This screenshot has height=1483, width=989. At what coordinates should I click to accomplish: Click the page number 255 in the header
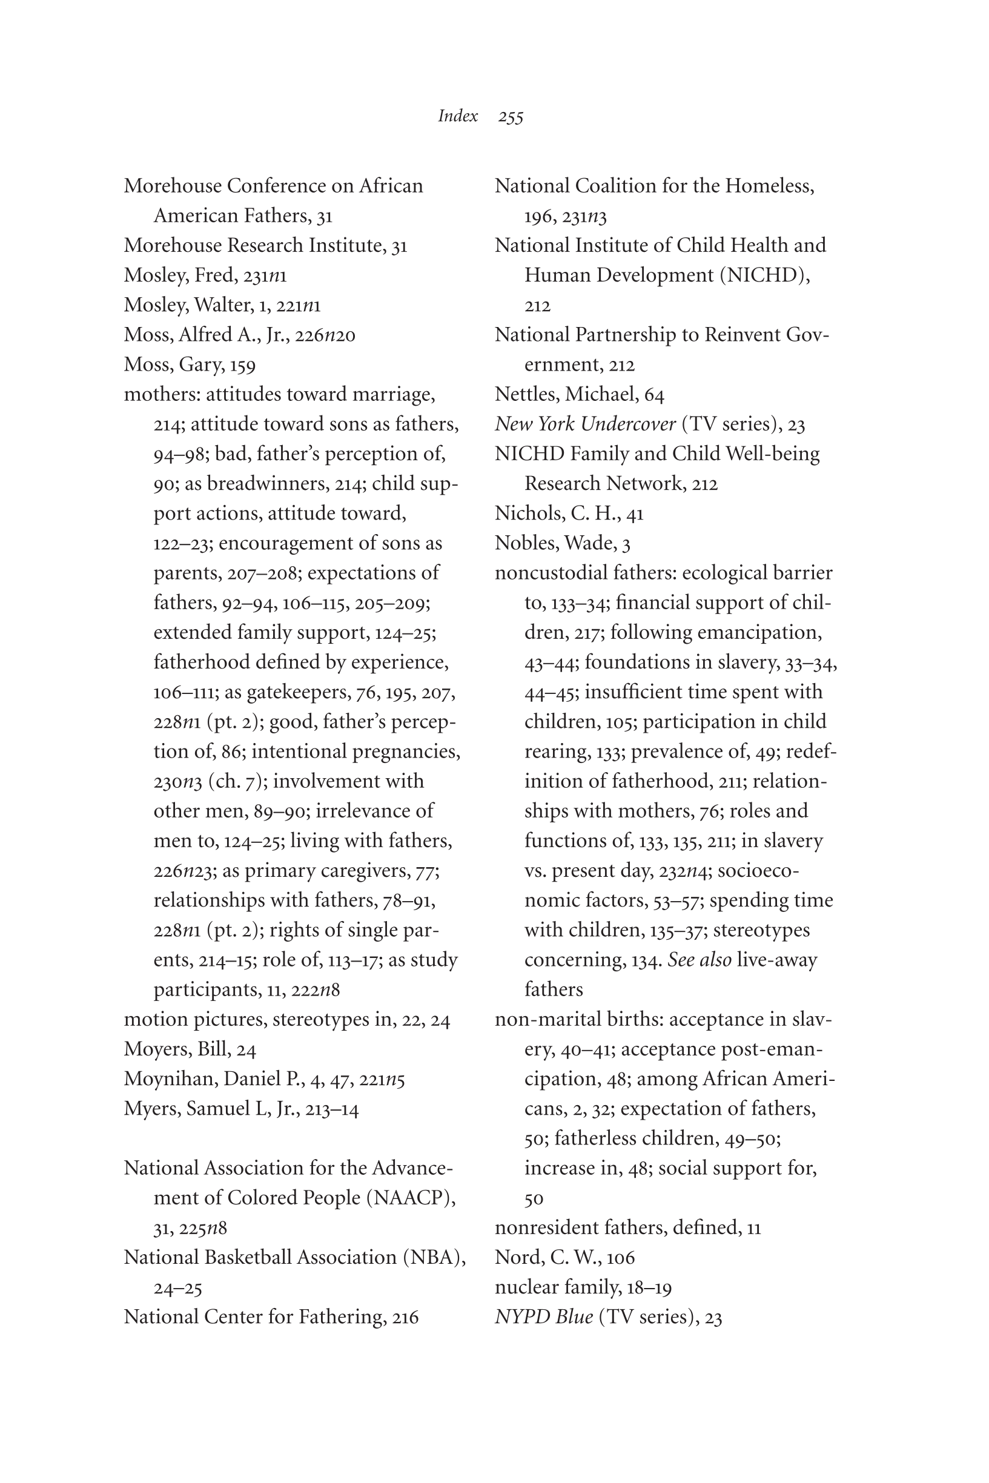pos(511,117)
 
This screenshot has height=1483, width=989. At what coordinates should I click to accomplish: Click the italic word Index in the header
pos(458,116)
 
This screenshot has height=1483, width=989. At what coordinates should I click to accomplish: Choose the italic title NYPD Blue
pos(544,1316)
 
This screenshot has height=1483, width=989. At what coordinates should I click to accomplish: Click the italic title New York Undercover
pos(584,424)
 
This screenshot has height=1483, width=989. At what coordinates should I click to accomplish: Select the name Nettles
pos(527,394)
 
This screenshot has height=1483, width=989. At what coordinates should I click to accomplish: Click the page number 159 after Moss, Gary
pos(242,365)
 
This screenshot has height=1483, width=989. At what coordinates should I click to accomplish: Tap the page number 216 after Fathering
pos(405,1317)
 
